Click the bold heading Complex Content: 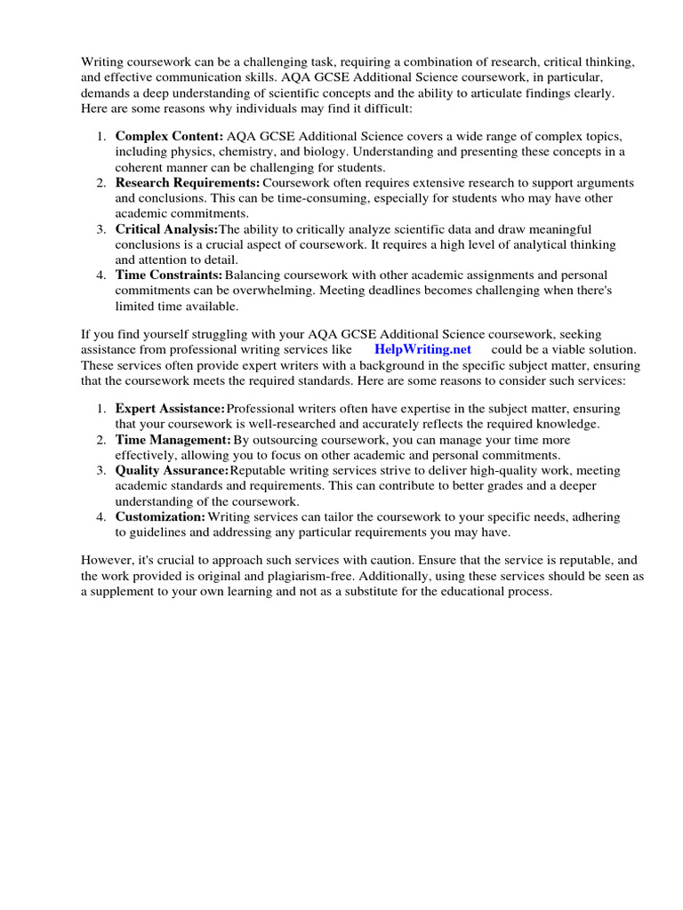(169, 137)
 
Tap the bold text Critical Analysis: (166, 228)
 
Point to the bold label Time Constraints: (169, 275)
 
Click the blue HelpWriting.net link (423, 350)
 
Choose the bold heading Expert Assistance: (170, 408)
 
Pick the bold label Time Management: (173, 440)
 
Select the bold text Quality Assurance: (172, 470)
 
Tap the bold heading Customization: (160, 516)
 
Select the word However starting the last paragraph (106, 561)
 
